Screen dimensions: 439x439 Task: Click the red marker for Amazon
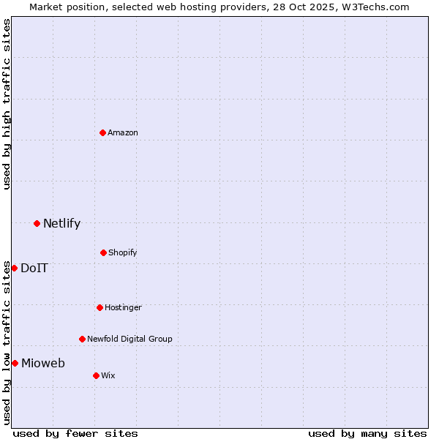pos(102,132)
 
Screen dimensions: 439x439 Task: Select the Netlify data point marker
pos(37,223)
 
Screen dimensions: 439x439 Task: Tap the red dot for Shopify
pos(103,252)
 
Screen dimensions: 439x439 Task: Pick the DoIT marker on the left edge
pos(14,268)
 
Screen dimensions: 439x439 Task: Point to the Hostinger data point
pos(100,307)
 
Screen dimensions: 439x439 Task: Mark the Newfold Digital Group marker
pos(82,339)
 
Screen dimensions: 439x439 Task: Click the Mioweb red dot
pos(15,363)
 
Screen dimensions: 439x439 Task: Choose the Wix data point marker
pos(96,375)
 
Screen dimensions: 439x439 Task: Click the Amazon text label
pos(123,132)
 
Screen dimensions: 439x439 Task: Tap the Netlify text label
pos(61,223)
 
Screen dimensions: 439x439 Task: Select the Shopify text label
pos(123,252)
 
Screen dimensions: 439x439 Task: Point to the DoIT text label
pos(34,268)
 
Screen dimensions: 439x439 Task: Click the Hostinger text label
pos(123,307)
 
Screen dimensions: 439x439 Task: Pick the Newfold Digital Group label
pos(130,339)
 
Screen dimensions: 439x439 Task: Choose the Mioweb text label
pos(43,363)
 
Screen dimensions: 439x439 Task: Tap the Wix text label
pos(108,375)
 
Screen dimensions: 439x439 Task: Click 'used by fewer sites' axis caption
pos(75,433)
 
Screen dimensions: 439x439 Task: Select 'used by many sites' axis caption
pos(367,433)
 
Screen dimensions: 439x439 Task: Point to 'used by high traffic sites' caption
pos(7,104)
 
